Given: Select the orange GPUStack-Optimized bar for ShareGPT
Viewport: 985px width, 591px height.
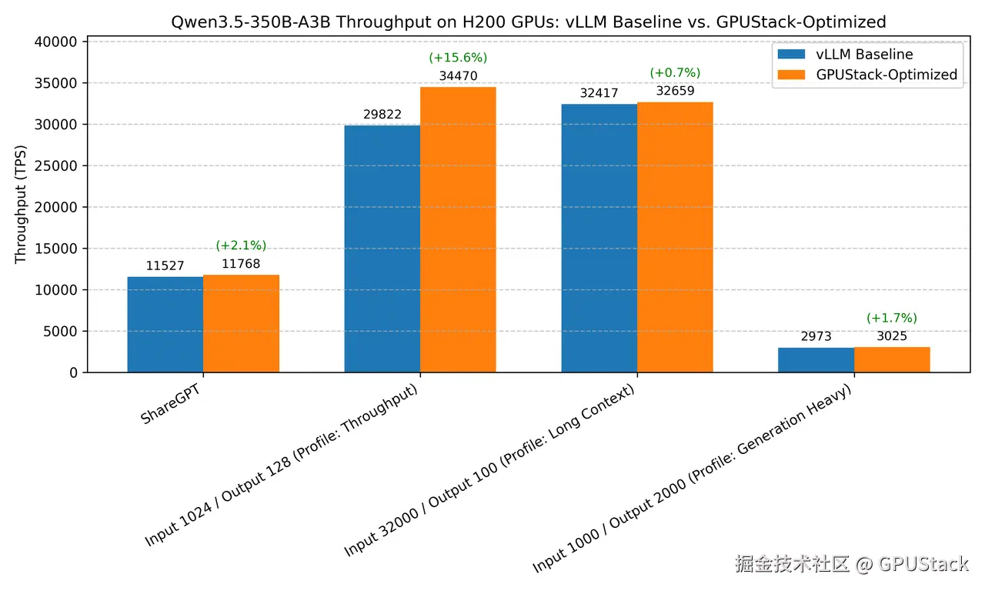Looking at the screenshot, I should point(241,324).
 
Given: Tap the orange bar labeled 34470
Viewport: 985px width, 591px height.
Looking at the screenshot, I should point(458,230).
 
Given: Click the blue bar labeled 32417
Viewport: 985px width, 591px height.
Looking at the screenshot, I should point(599,239).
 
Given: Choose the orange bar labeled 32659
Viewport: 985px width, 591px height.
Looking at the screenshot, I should point(675,238).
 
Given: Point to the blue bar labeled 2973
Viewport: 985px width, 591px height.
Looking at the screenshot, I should point(816,360).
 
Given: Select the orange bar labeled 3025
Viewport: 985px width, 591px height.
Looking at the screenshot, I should point(892,360).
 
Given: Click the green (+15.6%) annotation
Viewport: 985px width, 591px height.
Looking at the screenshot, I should point(458,58).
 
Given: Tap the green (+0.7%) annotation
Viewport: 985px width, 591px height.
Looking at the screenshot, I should point(675,73).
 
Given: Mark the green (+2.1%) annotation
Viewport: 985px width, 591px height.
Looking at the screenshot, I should point(241,245).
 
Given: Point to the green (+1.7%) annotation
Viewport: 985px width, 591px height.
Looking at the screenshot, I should point(892,318).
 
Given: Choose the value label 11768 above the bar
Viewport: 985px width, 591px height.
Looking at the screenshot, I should point(241,264).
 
